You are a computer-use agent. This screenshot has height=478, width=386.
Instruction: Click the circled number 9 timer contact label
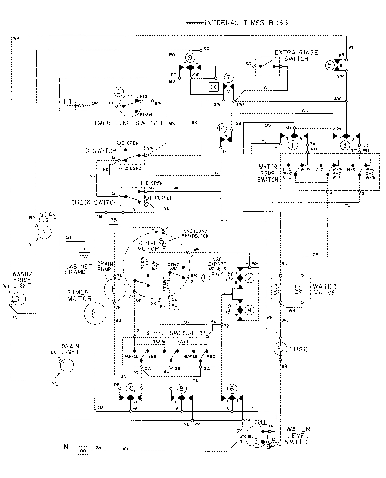190,57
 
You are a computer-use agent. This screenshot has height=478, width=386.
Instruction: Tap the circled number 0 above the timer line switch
119,92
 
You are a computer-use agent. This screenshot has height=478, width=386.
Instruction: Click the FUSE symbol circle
280,349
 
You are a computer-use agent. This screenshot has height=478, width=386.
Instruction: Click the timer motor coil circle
94,312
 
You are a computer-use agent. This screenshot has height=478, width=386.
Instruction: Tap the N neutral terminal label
65,447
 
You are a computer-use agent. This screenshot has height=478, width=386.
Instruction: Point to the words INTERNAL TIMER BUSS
246,23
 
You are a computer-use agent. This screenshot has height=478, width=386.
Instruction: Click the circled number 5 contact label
329,65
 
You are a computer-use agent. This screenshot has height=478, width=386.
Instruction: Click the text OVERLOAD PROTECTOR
195,233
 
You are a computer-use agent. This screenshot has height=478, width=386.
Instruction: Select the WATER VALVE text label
325,289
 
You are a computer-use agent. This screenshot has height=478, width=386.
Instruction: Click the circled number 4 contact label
249,310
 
